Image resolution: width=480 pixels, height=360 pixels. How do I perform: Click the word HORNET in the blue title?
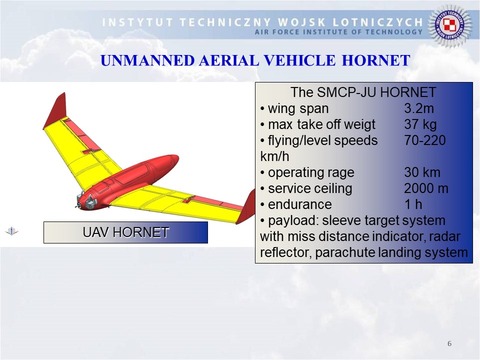(376, 60)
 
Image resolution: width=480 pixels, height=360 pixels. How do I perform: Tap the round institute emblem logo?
(449, 25)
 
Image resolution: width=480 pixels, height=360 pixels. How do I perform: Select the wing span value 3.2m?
(419, 108)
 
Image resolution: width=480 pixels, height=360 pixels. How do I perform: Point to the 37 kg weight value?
(420, 124)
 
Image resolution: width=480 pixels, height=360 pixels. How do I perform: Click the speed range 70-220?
(425, 140)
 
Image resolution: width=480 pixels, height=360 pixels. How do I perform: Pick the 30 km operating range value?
(422, 172)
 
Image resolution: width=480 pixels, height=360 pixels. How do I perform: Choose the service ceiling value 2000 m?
(426, 188)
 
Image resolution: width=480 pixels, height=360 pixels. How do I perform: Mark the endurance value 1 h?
(413, 204)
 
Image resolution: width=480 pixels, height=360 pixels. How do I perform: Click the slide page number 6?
(449, 343)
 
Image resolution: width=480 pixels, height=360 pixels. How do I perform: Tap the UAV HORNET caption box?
(125, 232)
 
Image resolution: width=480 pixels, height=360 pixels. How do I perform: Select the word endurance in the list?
(299, 204)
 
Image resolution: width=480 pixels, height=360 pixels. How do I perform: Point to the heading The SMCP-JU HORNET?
(363, 92)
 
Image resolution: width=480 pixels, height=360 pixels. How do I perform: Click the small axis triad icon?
(11, 231)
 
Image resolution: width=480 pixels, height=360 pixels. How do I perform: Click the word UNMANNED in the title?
(147, 60)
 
